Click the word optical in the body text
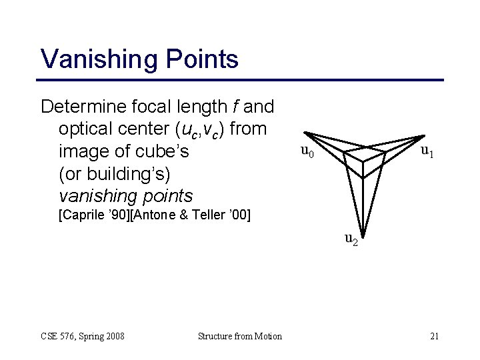85,129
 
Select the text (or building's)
115,173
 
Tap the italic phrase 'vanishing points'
125,196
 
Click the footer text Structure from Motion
240,336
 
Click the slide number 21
434,336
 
